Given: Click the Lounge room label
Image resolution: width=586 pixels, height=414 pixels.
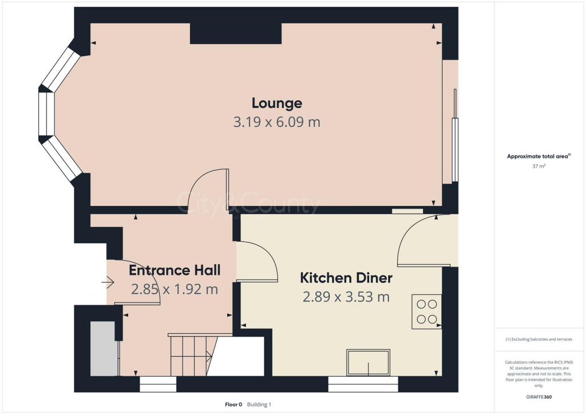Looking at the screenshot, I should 276,103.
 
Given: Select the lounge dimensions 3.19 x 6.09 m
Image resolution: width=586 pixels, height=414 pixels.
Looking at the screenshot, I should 276,122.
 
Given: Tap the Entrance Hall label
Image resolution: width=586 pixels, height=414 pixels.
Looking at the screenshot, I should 174,270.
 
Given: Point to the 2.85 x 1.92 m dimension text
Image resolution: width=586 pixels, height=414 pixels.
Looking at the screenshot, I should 174,289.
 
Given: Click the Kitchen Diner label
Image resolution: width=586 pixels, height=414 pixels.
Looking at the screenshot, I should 346,278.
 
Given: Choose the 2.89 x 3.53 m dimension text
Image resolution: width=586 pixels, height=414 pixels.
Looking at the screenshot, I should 346,297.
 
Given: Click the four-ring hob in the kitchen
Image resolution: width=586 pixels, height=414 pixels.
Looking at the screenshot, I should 427,312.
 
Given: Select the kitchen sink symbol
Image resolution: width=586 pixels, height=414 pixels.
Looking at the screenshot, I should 369,363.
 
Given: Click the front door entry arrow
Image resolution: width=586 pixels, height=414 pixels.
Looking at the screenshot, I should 108,282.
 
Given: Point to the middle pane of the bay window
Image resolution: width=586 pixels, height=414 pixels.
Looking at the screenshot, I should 46,114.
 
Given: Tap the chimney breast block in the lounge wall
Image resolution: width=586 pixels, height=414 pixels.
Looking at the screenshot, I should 236,34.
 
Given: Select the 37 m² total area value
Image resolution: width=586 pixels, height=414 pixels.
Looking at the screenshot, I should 538,166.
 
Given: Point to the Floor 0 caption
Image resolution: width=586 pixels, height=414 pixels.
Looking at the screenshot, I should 233,404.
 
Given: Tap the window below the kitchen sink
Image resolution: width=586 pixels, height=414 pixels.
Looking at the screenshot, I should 363,384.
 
